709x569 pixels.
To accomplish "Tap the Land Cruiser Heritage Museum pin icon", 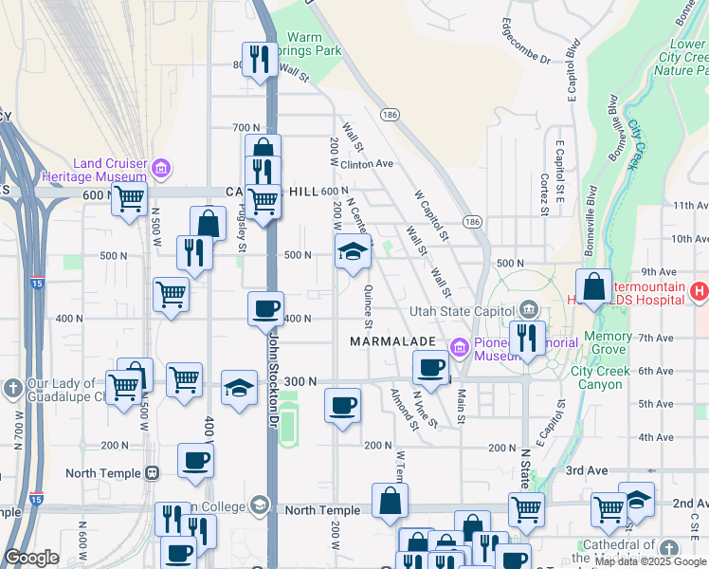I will click(160, 170).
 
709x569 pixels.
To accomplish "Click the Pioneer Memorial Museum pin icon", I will click(460, 348).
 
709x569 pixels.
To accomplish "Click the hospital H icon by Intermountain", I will click(700, 290).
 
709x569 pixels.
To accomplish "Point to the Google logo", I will click(31, 557).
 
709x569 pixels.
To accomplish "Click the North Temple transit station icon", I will click(152, 473).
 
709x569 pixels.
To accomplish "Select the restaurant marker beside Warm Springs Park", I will click(258, 59).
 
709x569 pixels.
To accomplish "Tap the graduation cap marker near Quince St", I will click(352, 251).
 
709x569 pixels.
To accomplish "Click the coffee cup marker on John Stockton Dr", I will click(265, 308).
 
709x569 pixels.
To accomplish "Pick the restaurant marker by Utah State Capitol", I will click(526, 337).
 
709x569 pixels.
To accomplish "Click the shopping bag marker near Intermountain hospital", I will click(593, 285).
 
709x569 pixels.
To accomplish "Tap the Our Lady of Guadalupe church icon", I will click(13, 388).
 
